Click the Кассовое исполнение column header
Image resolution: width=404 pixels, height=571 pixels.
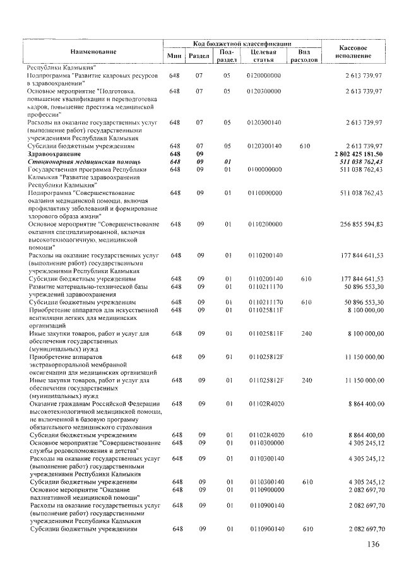tap(353, 52)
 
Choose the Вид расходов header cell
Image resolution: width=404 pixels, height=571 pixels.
tap(303, 56)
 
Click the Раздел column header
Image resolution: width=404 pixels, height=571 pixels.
tap(198, 56)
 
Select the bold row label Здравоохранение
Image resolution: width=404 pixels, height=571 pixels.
tap(54, 154)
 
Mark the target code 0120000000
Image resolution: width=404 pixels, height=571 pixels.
tap(264, 75)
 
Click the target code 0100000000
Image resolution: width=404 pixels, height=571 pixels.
tap(264, 170)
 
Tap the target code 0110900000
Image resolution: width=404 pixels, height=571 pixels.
tap(264, 490)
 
